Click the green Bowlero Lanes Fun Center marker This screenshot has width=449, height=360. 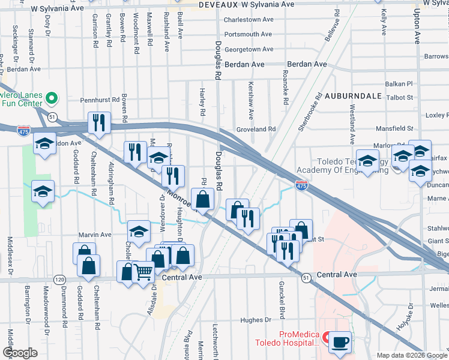coord(52,98)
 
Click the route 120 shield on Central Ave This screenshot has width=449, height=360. coord(59,280)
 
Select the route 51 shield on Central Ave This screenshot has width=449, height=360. coord(306,278)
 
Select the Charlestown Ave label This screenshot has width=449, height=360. coord(249,19)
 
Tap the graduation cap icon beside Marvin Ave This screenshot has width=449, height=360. coord(139,232)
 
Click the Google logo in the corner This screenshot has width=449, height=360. coord(20,353)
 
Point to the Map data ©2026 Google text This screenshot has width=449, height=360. coord(411,355)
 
